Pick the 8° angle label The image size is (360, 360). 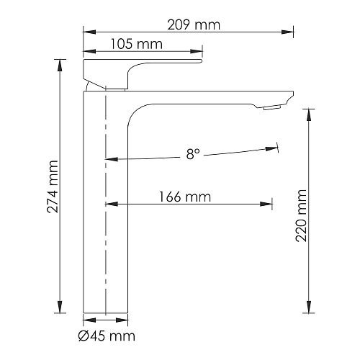click(x=192, y=153)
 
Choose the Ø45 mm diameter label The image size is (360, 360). click(x=107, y=336)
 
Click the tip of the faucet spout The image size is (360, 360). click(x=292, y=95)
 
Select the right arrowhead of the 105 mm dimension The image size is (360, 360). click(x=198, y=51)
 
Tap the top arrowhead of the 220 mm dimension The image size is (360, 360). click(x=310, y=110)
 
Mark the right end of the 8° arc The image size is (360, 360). click(x=276, y=148)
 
